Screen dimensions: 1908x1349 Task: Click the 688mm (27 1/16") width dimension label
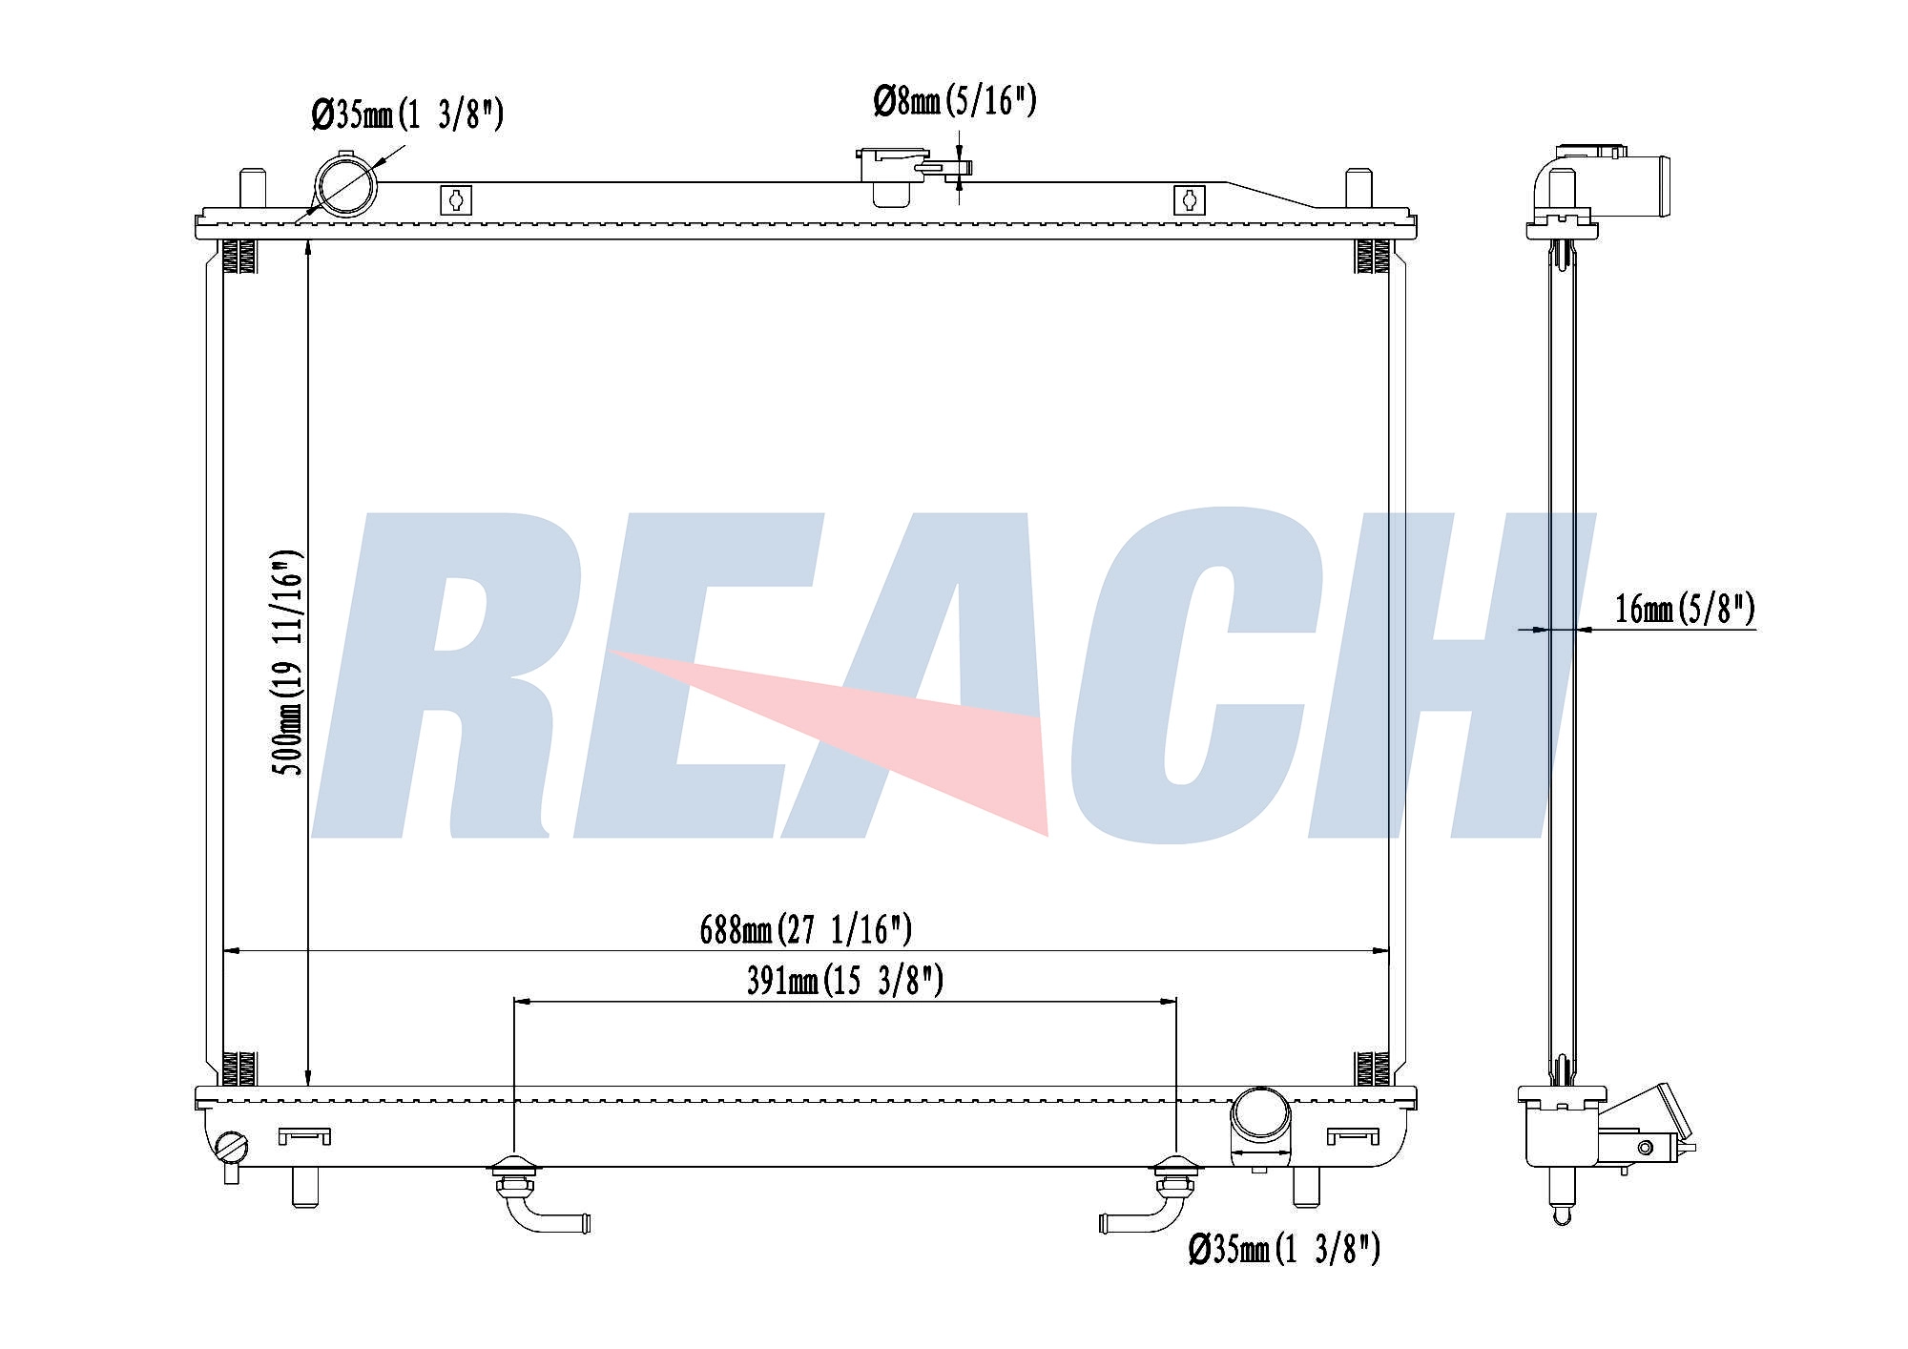pyautogui.click(x=806, y=928)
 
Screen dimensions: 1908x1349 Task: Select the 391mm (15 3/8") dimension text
pyautogui.click(x=844, y=981)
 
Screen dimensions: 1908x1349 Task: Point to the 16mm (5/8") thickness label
pyautogui.click(x=1685, y=609)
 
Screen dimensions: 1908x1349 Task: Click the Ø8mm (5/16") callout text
pyautogui.click(x=955, y=101)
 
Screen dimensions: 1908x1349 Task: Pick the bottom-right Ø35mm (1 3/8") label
pyautogui.click(x=1284, y=1248)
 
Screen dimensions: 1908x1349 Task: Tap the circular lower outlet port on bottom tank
pyautogui.click(x=1260, y=1117)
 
